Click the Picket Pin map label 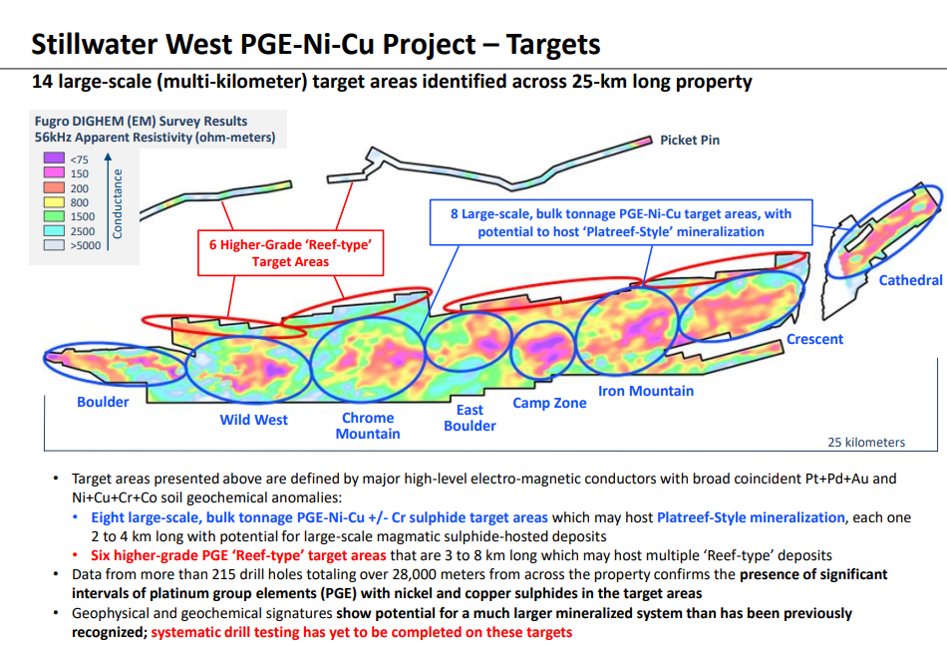coord(690,141)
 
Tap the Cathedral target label coord(910,280)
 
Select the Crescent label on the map coord(814,339)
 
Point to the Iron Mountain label coord(646,391)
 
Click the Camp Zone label coord(549,404)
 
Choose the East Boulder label coord(470,418)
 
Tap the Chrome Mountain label coord(368,426)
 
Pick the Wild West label coord(253,421)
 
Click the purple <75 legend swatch coord(54,159)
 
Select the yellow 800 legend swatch coord(54,201)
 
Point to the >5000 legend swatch coord(54,245)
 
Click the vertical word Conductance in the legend coord(118,203)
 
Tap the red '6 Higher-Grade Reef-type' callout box coord(290,253)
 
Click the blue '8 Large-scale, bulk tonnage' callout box coord(621,222)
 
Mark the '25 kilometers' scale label coord(866,442)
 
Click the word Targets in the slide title coord(553,44)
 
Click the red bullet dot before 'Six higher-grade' coord(76,555)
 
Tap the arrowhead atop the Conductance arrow coord(108,157)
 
